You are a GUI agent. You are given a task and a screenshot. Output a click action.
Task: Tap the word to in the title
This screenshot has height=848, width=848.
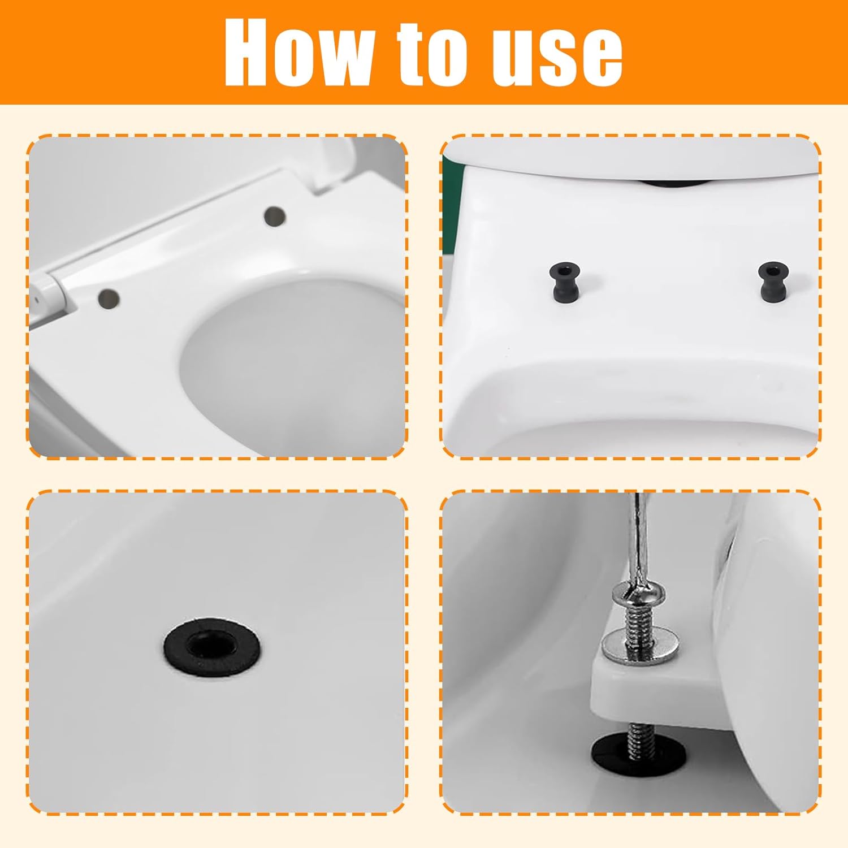pos(435,54)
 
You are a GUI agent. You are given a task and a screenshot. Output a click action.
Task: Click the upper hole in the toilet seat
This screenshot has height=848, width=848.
pos(275,215)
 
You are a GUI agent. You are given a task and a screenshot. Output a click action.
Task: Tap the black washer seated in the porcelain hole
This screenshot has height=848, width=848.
pos(213,645)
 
